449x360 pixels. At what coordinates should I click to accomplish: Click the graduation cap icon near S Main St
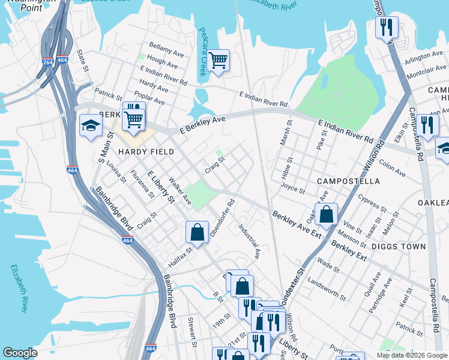tap(90, 125)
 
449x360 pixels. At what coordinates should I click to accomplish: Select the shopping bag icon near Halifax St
tap(197, 231)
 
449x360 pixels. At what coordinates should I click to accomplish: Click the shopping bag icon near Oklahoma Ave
tap(326, 214)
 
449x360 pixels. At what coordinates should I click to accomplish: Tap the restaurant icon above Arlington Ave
tap(387, 26)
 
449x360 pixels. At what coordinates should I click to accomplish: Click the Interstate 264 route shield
tap(48, 62)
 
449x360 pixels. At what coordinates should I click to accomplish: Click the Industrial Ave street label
tap(249, 241)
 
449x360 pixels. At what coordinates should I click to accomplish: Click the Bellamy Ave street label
tap(166, 47)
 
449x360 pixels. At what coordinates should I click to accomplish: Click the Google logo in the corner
tap(20, 353)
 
